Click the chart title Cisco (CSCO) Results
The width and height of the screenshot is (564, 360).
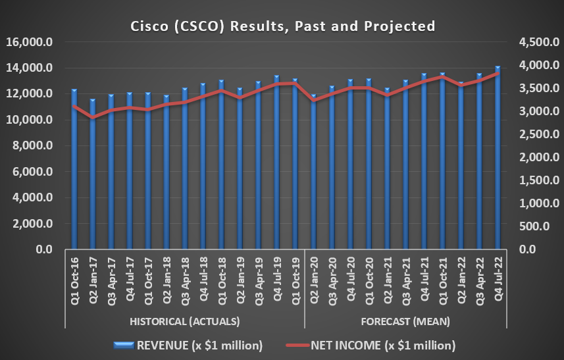point(281,26)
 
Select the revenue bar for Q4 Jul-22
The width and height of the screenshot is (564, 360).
point(497,158)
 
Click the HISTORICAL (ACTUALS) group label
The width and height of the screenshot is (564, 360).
point(184,321)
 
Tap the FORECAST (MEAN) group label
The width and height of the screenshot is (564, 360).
point(405,321)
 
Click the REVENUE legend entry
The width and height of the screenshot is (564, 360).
point(190,345)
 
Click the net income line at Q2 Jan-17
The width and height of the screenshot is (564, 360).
point(93,117)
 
